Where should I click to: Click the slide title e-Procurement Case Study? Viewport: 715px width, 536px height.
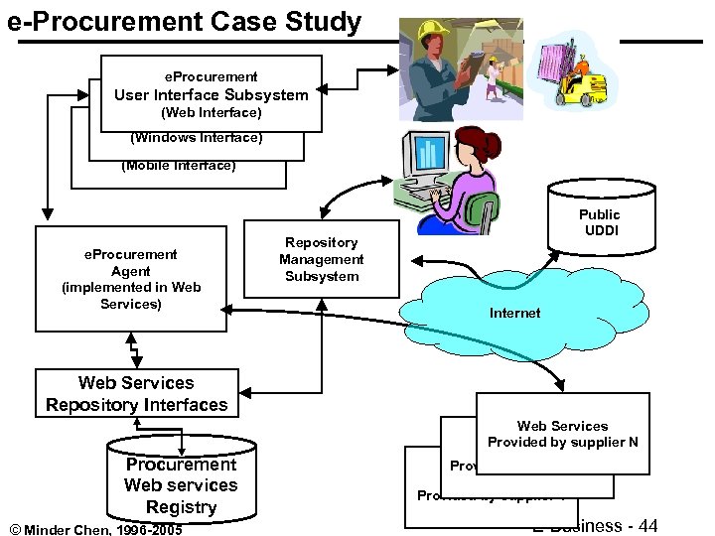point(185,22)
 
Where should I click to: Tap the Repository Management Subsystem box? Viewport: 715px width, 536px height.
point(321,259)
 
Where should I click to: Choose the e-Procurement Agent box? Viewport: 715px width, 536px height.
point(131,279)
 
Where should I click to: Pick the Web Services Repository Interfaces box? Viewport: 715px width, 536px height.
point(137,393)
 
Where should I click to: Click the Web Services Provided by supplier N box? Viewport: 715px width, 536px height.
point(562,434)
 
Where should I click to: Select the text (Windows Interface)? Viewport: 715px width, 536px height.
point(197,138)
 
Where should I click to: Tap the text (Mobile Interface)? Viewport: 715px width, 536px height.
point(179,166)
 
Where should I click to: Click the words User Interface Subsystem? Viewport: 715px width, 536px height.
point(211,95)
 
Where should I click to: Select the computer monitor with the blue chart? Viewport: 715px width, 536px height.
point(427,158)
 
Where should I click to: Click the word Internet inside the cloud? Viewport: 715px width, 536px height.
point(514,313)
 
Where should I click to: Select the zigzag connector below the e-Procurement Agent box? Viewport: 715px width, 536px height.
point(131,350)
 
